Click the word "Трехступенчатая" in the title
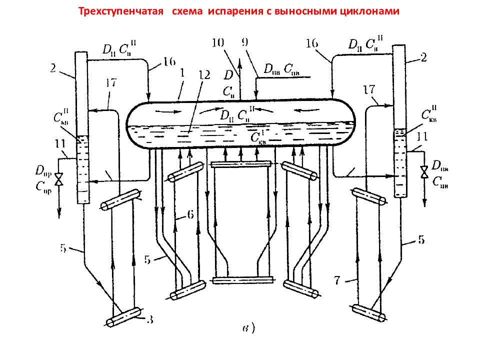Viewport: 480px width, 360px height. coord(121,11)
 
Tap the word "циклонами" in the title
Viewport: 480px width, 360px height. coord(369,11)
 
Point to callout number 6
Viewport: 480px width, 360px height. coord(190,214)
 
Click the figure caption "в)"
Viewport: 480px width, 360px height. coord(248,328)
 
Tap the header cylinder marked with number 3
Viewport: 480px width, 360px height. coord(124,316)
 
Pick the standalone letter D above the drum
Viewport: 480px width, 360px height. coord(228,75)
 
